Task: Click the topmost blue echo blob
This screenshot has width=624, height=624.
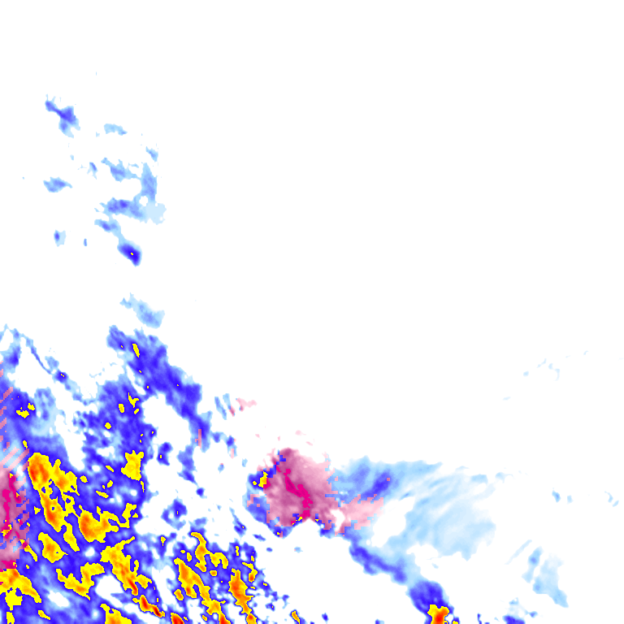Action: [x=62, y=115]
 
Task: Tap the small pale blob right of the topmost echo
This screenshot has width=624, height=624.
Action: [x=114, y=129]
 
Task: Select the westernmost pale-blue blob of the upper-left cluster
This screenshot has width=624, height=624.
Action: [x=56, y=184]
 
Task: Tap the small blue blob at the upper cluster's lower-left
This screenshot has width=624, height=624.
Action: [x=58, y=237]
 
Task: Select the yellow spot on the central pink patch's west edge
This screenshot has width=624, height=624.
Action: [x=263, y=480]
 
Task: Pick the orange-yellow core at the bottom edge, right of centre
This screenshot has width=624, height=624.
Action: [x=439, y=613]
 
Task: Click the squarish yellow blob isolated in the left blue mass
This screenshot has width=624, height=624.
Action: [x=132, y=464]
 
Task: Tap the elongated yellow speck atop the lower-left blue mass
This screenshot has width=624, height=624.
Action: [x=136, y=351]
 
